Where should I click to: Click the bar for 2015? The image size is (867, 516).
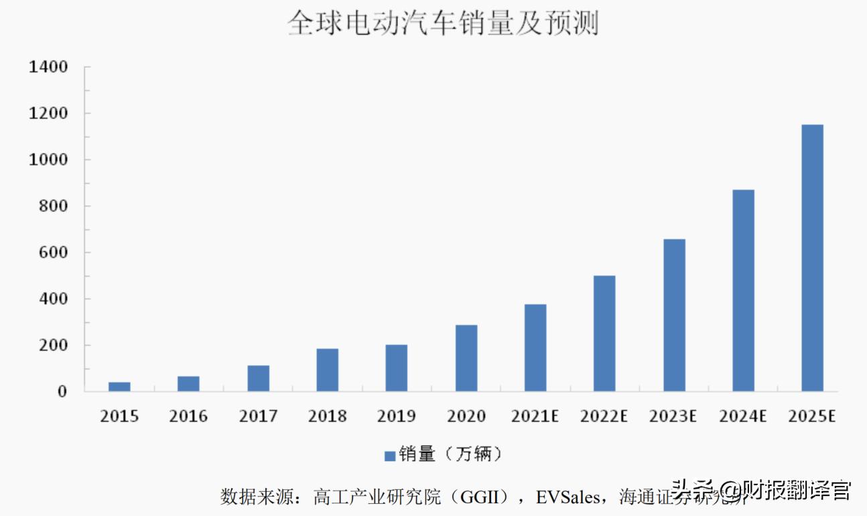[119, 387]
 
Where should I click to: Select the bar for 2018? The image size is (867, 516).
[327, 370]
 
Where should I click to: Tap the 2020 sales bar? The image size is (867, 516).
[466, 359]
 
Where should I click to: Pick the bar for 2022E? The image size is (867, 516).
[604, 334]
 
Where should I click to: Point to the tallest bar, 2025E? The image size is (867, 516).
[812, 258]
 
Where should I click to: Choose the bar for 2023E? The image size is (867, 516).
[674, 315]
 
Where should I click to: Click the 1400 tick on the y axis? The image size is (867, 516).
[48, 67]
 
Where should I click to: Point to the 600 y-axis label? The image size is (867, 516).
[54, 253]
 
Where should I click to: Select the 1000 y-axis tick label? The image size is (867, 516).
[48, 160]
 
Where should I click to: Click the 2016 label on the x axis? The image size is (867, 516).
[188, 416]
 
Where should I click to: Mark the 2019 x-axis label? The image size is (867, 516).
[396, 416]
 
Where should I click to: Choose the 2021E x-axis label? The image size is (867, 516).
[535, 416]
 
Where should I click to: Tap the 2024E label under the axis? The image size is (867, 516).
[742, 416]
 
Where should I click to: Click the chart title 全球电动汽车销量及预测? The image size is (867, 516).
[443, 23]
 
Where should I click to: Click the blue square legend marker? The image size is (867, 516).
[389, 456]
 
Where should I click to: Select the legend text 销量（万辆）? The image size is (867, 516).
[450, 454]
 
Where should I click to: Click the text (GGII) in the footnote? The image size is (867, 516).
[490, 497]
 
